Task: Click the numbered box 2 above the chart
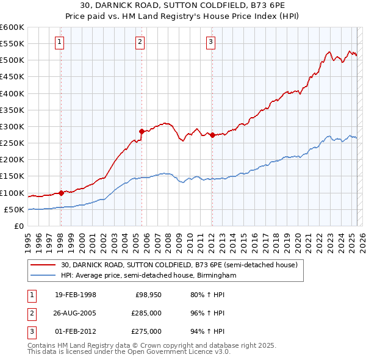coord(140,42)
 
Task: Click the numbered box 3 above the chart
coord(210,42)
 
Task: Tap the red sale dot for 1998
coord(61,193)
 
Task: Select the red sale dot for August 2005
coord(142,131)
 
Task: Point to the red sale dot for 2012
coord(212,135)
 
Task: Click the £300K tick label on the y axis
coord(12,127)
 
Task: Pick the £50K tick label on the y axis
coord(13,210)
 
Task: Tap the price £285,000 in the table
coord(147,314)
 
